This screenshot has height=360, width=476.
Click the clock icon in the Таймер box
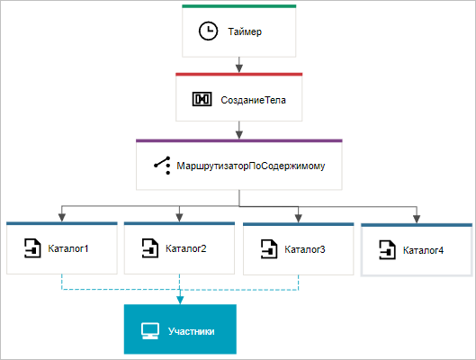click(208, 31)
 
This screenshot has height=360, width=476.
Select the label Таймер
click(245, 31)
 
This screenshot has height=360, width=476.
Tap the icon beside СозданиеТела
click(202, 99)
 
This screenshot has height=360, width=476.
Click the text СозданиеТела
click(253, 100)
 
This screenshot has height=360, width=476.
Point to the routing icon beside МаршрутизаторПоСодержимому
click(162, 166)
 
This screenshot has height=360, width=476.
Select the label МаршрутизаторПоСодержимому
click(251, 166)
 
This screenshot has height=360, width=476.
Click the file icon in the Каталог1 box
click(32, 248)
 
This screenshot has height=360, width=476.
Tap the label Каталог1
click(68, 248)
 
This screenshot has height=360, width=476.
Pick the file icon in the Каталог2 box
click(150, 248)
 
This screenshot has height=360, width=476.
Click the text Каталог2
click(185, 248)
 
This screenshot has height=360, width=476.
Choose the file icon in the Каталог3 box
click(269, 249)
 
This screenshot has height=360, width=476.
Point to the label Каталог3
click(305, 249)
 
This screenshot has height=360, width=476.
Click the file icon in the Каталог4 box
click(387, 250)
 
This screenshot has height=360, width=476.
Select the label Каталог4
click(423, 250)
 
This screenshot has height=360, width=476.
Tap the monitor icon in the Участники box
click(150, 331)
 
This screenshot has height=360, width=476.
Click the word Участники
click(192, 331)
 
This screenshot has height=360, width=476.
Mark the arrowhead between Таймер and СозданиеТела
click(239, 68)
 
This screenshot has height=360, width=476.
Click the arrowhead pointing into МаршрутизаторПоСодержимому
click(239, 135)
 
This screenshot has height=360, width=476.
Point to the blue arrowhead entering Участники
click(180, 301)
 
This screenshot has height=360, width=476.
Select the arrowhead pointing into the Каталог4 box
click(417, 219)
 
